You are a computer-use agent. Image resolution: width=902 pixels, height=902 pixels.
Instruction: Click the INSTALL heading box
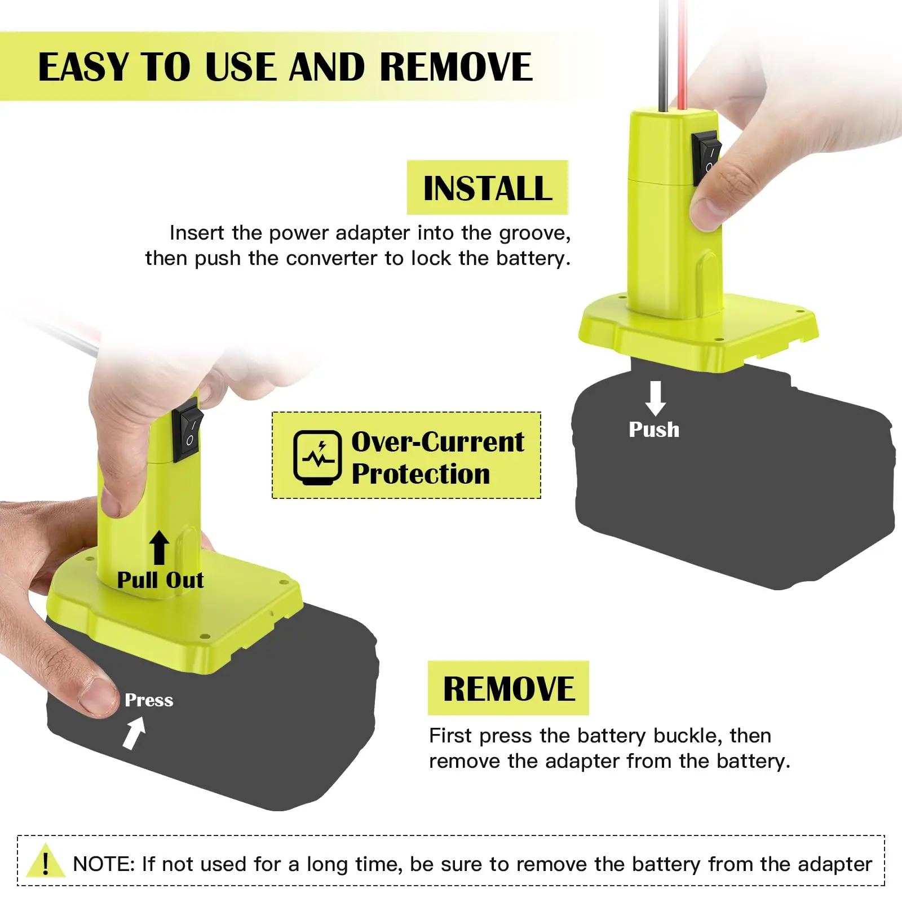487,188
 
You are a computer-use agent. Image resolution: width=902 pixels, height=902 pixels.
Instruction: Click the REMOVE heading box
508,688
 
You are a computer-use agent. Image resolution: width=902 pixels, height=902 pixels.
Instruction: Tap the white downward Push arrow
655,398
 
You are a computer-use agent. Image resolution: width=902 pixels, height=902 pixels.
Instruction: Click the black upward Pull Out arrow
160,547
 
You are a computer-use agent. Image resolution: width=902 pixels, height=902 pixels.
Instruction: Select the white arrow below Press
134,733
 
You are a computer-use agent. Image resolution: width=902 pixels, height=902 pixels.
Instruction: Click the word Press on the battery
149,700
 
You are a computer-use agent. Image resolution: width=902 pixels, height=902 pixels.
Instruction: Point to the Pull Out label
160,580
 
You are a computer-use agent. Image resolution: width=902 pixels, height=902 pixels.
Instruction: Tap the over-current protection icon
317,457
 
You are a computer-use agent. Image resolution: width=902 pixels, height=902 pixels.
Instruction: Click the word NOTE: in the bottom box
104,864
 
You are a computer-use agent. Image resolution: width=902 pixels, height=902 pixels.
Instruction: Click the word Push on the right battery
654,430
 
